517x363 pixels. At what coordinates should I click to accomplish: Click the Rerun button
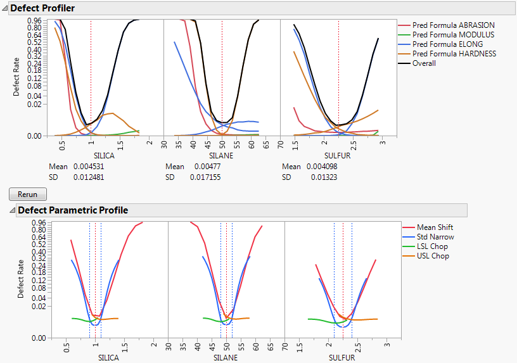point(28,194)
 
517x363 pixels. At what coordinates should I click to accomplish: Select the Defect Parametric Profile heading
point(73,210)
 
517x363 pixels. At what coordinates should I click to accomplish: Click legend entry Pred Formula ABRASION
point(454,25)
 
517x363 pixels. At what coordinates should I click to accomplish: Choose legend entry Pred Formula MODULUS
point(453,35)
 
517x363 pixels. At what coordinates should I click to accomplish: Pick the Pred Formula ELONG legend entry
point(447,44)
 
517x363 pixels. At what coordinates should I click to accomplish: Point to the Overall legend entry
point(424,63)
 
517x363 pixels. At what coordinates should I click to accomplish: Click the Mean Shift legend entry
point(435,227)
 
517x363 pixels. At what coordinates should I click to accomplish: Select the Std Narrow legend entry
point(435,237)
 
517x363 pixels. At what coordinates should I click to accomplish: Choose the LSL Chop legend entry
point(433,246)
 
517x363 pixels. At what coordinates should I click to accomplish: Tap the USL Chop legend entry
point(433,256)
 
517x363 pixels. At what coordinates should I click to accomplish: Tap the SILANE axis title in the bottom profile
point(226,357)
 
